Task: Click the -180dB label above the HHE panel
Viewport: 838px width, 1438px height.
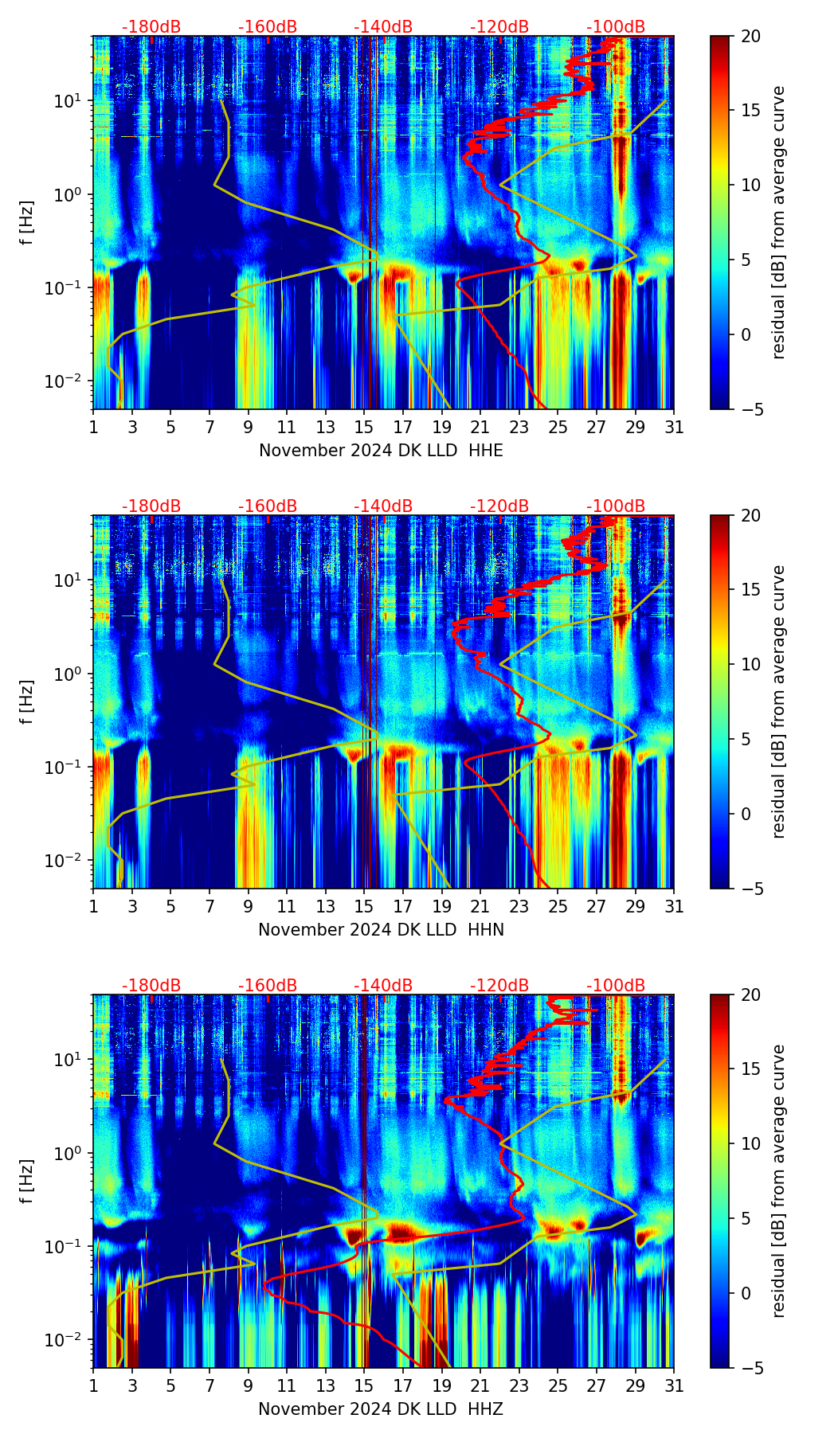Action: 151,27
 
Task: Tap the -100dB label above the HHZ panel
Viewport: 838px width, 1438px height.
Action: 616,986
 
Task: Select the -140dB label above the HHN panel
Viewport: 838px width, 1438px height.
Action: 383,506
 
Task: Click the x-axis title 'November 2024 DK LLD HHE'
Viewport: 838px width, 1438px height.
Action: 381,451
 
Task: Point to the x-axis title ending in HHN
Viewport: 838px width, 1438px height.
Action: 381,930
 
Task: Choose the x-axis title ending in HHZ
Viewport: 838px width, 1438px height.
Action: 381,1409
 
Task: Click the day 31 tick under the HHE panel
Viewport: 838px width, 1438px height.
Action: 674,428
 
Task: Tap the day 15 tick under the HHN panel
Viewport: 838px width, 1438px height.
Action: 364,907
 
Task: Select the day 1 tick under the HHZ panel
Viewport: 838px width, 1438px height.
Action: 94,1386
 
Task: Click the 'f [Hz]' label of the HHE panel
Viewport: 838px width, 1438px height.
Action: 27,223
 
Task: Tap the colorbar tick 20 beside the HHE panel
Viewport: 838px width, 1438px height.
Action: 751,37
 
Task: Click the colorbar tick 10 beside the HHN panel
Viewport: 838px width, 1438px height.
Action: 751,664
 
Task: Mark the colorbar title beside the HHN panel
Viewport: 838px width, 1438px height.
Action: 779,701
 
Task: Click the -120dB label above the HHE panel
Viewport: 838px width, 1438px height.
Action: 499,27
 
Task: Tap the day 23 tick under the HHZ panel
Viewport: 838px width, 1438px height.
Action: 519,1386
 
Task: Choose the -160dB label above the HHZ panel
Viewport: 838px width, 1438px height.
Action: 268,986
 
